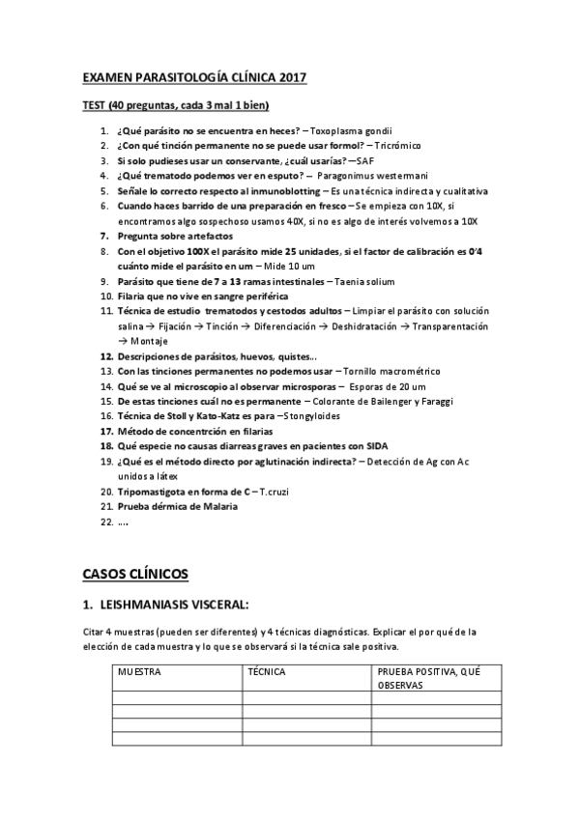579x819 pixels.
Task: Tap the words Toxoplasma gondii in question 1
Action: coord(352,130)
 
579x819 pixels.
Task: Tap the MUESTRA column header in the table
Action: coord(139,670)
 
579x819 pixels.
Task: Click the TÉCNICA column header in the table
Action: coord(268,670)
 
